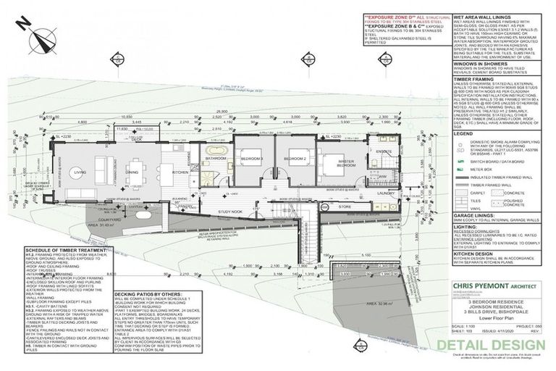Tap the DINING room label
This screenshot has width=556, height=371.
[132, 172]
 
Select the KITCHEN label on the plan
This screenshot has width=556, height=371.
[180, 172]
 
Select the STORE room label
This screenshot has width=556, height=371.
[343, 207]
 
